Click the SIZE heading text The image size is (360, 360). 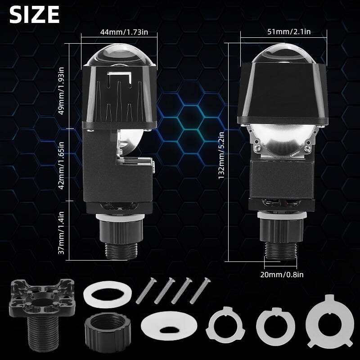(35, 14)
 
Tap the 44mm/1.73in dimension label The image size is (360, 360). (124, 31)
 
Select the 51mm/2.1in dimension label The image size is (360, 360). (289, 31)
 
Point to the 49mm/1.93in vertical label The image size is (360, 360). (61, 91)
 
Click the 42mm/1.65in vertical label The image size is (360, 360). (61, 165)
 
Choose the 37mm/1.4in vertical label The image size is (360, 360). (61, 233)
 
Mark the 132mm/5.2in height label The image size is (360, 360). (221, 155)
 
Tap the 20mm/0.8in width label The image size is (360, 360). (282, 274)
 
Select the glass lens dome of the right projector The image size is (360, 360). (284, 53)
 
